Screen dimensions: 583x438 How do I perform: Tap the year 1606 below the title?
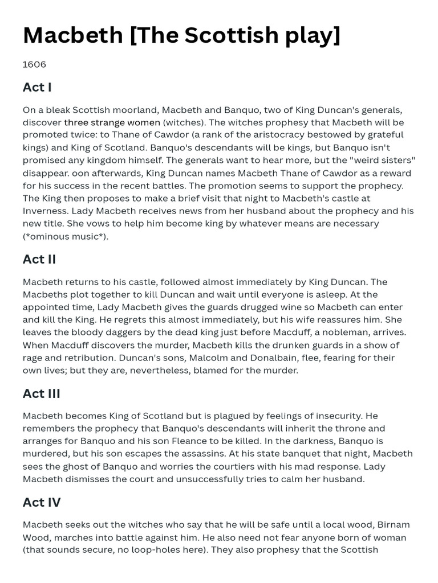tap(34, 64)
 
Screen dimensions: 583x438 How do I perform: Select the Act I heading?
tap(37, 87)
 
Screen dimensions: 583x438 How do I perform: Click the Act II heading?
tap(39, 259)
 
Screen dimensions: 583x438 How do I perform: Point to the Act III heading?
tap(42, 393)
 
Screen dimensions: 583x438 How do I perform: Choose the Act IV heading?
tap(42, 502)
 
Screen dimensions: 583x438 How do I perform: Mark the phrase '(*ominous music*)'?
tap(65, 236)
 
